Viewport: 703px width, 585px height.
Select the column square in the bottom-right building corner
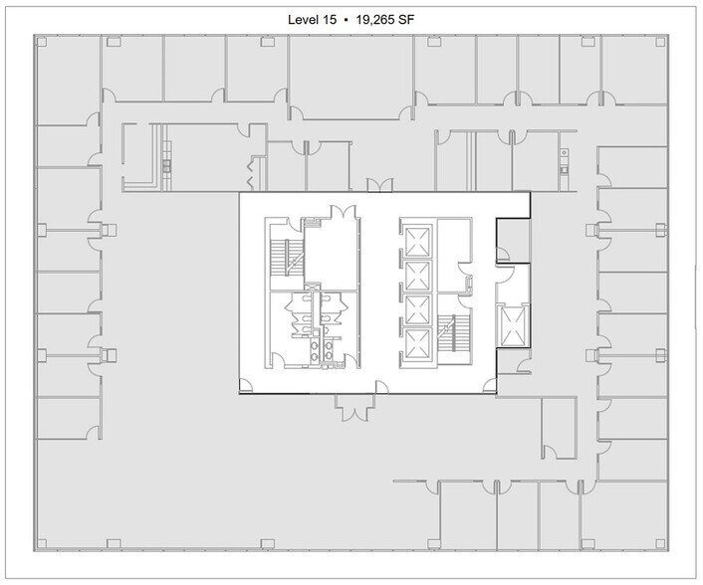pos(664,544)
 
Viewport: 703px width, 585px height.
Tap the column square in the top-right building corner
pos(664,42)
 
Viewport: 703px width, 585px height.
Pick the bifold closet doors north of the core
pos(375,185)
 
